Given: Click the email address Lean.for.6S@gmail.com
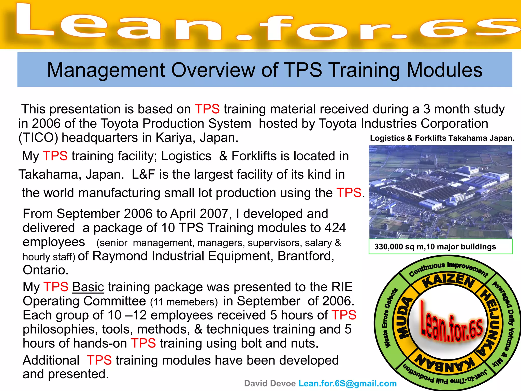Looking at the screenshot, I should (348, 383).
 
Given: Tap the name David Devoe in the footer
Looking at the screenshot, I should (270, 383).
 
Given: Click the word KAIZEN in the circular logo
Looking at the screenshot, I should (448, 281).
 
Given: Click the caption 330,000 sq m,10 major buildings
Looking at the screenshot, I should (435, 247).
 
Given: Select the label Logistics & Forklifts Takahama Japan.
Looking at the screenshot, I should (442, 138).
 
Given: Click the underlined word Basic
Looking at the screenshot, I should (88, 287).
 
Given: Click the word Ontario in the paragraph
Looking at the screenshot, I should (46, 270).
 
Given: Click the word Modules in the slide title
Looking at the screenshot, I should (444, 70).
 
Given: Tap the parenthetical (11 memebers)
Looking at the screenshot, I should (184, 302).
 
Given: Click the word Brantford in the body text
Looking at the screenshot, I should (306, 256).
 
